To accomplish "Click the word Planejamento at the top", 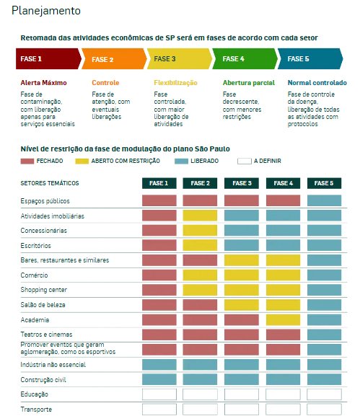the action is (46, 11).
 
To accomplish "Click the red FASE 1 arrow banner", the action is (48, 58).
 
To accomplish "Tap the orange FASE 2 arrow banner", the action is (114, 58).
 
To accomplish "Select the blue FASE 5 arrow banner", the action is (310, 58).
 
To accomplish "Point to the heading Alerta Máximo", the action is (43, 83).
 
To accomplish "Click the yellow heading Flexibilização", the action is (175, 83).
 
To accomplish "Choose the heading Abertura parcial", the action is (248, 83).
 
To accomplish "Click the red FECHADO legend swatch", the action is (27, 161).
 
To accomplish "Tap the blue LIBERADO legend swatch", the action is (181, 161).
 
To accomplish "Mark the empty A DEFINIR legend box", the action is (245, 161).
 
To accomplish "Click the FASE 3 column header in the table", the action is (242, 183).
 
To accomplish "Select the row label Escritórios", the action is (35, 246).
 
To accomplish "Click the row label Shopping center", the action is (44, 290).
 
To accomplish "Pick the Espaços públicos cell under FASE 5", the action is (324, 200).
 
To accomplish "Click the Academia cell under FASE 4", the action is (283, 320).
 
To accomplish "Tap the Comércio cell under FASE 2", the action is (200, 275).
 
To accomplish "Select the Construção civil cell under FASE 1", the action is (159, 379).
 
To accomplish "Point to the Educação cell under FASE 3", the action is (242, 394).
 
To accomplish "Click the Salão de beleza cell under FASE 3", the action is (242, 305).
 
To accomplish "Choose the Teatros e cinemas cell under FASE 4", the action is (283, 335).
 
